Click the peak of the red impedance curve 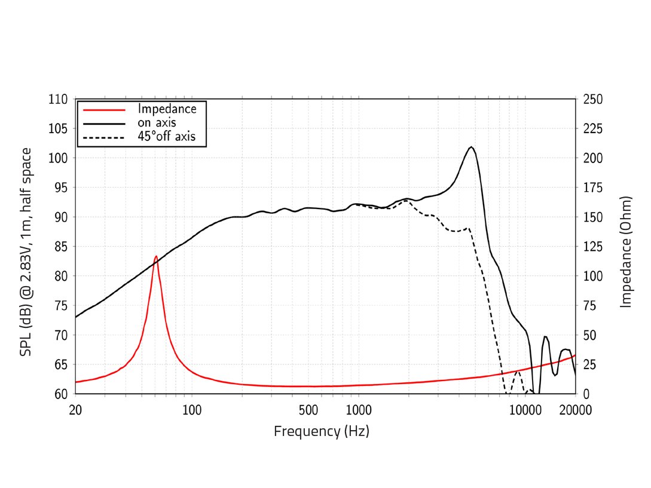coord(156,256)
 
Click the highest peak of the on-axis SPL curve coord(471,147)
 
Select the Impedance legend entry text coord(167,109)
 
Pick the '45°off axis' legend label coord(171,137)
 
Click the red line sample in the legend coord(105,109)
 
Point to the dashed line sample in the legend coord(105,137)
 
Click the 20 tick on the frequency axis coord(75,410)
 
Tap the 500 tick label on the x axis coord(308,410)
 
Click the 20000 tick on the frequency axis coord(575,410)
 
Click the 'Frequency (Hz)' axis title coord(322,431)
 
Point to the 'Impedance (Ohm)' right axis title coord(626,251)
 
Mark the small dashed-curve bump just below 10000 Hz coord(517,371)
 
